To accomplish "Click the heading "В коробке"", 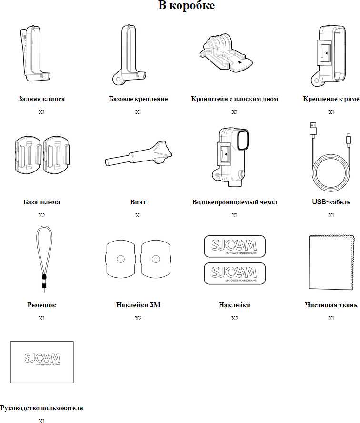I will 186,6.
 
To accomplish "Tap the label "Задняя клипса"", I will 41,99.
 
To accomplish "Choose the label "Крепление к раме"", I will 330,99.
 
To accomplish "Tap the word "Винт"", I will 138,202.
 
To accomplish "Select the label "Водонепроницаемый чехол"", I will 234,202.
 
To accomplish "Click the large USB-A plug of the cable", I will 313,129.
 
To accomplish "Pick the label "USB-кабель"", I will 331,202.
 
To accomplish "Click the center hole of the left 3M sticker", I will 120,259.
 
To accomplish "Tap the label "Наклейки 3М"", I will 138,305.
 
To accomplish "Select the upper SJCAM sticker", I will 234,246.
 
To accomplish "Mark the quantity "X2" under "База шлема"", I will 41,215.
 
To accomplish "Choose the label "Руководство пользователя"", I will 41,408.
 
